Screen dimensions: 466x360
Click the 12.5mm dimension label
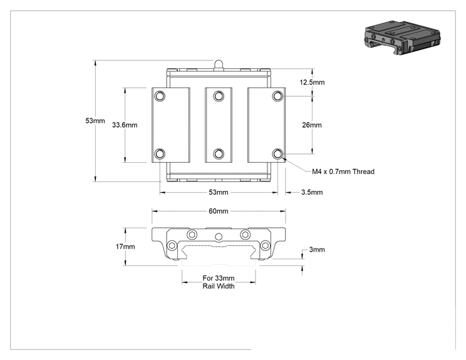point(312,82)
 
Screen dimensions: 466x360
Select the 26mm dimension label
point(312,125)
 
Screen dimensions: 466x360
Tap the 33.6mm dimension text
point(125,125)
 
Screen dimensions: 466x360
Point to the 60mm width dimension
point(219,211)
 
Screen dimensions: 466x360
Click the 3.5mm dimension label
point(312,192)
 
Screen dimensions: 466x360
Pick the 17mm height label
point(125,247)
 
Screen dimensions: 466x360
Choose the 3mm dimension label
point(317,250)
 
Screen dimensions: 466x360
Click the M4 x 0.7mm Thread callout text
point(343,172)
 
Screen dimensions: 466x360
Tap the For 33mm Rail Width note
point(219,282)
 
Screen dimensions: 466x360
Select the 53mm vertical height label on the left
point(95,121)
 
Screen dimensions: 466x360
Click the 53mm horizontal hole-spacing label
point(219,192)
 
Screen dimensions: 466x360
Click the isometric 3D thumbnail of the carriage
point(402,37)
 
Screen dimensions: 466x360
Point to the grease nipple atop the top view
point(219,65)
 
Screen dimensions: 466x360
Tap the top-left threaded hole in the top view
point(160,96)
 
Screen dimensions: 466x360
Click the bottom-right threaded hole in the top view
point(277,154)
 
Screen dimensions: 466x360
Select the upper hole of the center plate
point(219,96)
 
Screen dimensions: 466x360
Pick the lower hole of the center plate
point(219,154)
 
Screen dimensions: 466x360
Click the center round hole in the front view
point(219,237)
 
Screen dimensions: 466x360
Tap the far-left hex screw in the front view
point(172,245)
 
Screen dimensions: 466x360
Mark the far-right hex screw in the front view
point(265,245)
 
